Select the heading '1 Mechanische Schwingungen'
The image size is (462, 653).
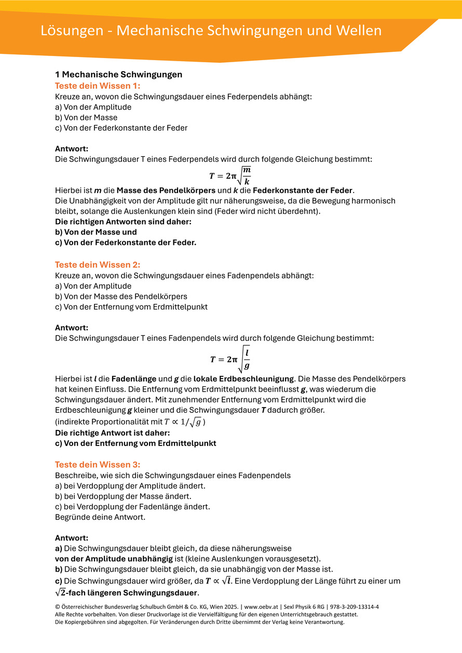pyautogui.click(x=118, y=75)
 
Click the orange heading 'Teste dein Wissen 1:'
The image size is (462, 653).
pyautogui.click(x=98, y=86)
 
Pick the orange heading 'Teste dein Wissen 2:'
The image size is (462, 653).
pyautogui.click(x=98, y=265)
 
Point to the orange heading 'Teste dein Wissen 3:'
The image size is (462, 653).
pyautogui.click(x=98, y=465)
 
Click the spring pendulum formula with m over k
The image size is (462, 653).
pyautogui.click(x=230, y=175)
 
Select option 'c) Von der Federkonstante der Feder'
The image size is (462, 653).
pyautogui.click(x=121, y=128)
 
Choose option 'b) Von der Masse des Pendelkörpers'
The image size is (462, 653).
pyautogui.click(x=121, y=296)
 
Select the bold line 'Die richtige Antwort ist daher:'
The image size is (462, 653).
pyautogui.click(x=113, y=433)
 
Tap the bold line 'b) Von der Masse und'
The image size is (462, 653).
pyautogui.click(x=96, y=232)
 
